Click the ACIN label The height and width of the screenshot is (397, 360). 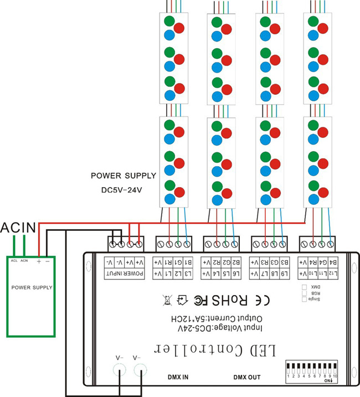point(18,227)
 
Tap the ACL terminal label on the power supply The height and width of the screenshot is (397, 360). point(14,260)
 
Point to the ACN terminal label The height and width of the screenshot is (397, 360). point(24,260)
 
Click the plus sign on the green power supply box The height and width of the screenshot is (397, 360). point(39,260)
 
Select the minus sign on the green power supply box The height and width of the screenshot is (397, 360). point(47,260)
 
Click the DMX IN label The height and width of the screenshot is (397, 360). point(178,377)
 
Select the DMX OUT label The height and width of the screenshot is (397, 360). point(247,377)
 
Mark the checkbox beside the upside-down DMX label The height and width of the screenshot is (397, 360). point(304,287)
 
